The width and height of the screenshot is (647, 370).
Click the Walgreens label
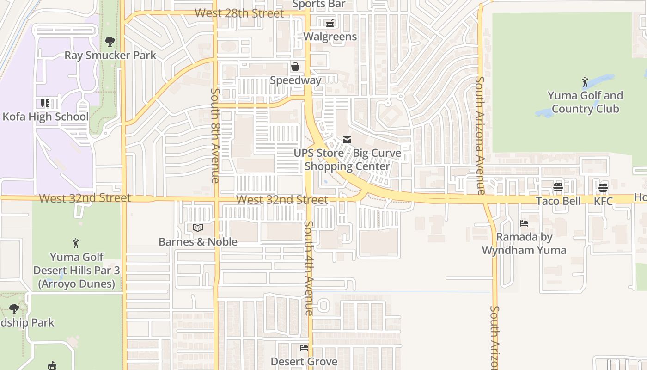330,37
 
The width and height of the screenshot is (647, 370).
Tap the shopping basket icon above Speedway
295,67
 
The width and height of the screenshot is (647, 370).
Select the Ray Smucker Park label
110,55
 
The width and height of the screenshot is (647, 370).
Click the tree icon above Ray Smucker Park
110,42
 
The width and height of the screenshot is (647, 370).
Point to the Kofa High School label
45,117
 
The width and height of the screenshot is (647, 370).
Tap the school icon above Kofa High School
45,103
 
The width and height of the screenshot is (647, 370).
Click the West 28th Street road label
239,13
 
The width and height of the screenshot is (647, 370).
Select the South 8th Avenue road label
215,135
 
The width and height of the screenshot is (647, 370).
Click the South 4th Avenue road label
309,268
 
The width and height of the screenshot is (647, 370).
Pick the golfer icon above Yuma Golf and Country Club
585,82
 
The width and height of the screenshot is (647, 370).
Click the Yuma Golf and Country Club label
585,102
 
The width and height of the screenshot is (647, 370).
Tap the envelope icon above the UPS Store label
347,140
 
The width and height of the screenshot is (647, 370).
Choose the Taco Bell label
558,201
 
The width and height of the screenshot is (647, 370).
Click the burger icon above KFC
603,188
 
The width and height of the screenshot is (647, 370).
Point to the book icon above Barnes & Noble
198,228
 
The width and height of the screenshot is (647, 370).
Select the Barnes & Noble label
198,242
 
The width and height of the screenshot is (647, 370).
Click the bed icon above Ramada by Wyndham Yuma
524,223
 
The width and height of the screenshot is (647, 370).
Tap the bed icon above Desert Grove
304,348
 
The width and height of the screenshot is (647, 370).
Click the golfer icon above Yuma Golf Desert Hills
76,243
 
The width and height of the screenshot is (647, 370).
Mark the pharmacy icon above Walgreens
330,23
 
